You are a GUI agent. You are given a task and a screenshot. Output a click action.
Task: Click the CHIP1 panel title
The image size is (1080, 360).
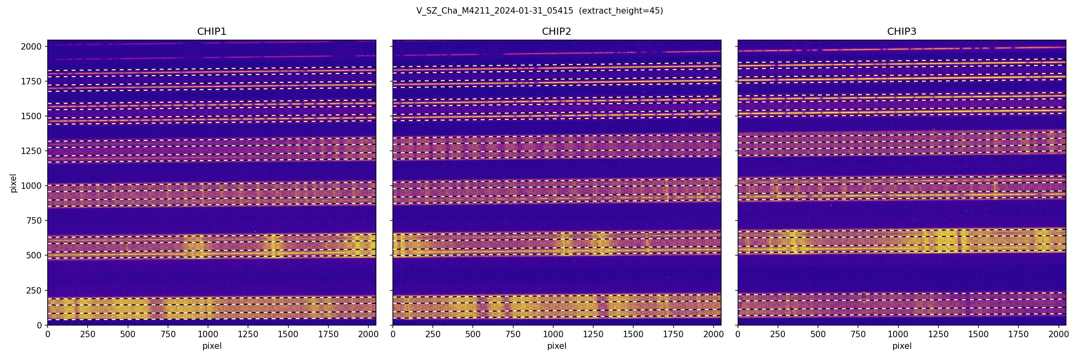pyautogui.click(x=212, y=32)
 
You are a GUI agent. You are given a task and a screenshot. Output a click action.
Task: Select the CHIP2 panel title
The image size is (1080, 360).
pyautogui.click(x=556, y=32)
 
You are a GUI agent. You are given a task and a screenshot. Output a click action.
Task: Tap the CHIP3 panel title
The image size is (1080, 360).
pyautogui.click(x=901, y=32)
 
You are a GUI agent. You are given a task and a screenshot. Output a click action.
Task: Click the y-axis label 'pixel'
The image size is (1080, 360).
pyautogui.click(x=14, y=183)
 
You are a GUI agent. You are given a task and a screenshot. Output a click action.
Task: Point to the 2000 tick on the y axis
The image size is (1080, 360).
pyautogui.click(x=31, y=46)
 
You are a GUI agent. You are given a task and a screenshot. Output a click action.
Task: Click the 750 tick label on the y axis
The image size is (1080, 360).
pyautogui.click(x=34, y=220)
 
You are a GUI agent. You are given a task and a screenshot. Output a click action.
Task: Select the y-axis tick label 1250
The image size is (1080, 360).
pyautogui.click(x=31, y=151)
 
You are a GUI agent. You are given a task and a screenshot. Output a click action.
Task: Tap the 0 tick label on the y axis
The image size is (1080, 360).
pyautogui.click(x=40, y=325)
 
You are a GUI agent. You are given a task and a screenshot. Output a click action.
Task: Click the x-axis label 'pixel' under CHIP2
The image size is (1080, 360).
pyautogui.click(x=556, y=346)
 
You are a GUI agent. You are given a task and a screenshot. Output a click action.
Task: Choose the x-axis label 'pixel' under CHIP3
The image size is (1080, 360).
pyautogui.click(x=901, y=346)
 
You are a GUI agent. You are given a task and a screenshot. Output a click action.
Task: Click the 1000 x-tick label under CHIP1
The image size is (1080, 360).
pyautogui.click(x=208, y=334)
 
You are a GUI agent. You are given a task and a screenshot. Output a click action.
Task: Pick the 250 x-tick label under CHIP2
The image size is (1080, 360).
pyautogui.click(x=433, y=334)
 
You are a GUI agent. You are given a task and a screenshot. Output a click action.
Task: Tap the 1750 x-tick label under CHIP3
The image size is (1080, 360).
pyautogui.click(x=1018, y=334)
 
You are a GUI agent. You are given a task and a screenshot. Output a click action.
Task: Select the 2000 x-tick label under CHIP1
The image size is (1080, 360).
pyautogui.click(x=368, y=334)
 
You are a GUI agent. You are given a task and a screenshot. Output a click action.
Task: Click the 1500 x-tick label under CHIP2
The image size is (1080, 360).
pyautogui.click(x=633, y=334)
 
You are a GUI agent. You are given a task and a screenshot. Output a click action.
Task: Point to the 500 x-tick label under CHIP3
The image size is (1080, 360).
pyautogui.click(x=818, y=334)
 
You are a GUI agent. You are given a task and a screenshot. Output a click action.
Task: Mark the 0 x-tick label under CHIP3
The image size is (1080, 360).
pyautogui.click(x=738, y=334)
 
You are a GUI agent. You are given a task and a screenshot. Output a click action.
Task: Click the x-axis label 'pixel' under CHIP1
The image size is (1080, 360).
pyautogui.click(x=212, y=346)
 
